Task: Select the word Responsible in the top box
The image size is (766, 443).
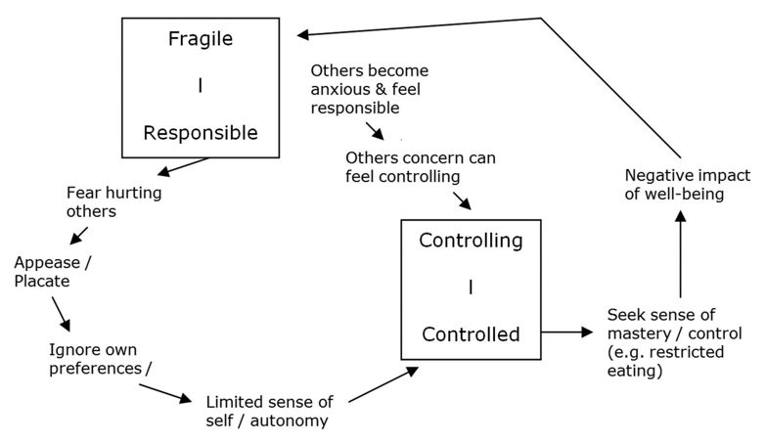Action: (201, 132)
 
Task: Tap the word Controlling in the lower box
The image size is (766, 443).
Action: (471, 241)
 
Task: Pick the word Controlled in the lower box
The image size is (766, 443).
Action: (471, 333)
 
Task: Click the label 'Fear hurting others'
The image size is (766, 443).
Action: (113, 202)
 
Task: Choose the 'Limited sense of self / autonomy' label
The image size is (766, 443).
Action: (270, 411)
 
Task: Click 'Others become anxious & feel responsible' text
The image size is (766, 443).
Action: (369, 89)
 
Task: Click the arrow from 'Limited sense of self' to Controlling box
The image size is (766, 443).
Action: (383, 384)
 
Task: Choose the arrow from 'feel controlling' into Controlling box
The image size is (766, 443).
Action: (463, 199)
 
